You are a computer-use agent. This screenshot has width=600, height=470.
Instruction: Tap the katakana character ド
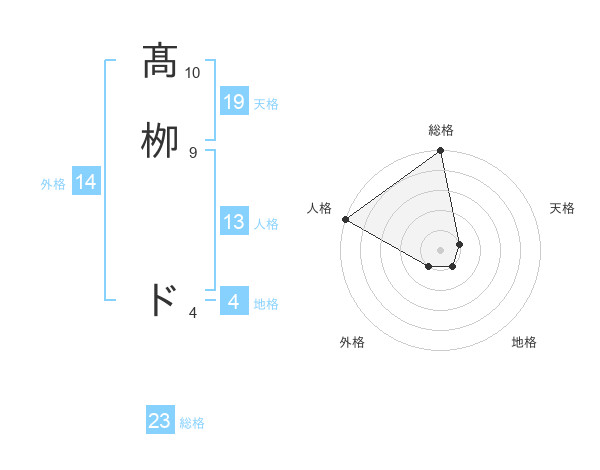(x=161, y=301)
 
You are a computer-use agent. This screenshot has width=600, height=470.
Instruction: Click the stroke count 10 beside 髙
(x=193, y=73)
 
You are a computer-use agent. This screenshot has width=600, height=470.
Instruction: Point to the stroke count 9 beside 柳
(x=193, y=152)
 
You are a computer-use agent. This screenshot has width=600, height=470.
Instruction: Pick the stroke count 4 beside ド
(x=193, y=313)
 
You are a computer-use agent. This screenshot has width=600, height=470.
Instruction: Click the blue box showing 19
(x=234, y=102)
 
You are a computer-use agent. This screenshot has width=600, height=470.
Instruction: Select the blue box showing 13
(x=234, y=222)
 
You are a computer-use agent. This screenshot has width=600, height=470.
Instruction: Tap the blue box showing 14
(x=86, y=182)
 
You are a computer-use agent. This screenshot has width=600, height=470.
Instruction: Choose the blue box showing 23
(x=160, y=421)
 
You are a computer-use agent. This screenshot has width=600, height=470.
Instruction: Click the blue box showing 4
(x=234, y=302)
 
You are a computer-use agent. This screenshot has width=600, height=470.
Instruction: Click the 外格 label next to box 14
(x=53, y=184)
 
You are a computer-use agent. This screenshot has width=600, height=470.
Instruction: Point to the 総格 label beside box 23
(x=192, y=423)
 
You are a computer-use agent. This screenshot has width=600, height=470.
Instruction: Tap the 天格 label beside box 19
(x=266, y=104)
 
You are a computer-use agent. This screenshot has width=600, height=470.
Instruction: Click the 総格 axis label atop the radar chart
(x=441, y=130)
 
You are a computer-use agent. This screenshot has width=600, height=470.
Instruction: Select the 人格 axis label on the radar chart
(x=320, y=208)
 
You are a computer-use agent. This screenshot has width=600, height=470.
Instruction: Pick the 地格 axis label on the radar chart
(x=524, y=342)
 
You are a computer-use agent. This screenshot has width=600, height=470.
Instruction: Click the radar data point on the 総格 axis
(x=441, y=152)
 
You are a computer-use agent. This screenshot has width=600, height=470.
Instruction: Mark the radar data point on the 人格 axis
(x=345, y=219)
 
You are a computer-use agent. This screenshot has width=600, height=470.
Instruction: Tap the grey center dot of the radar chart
(x=441, y=249)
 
